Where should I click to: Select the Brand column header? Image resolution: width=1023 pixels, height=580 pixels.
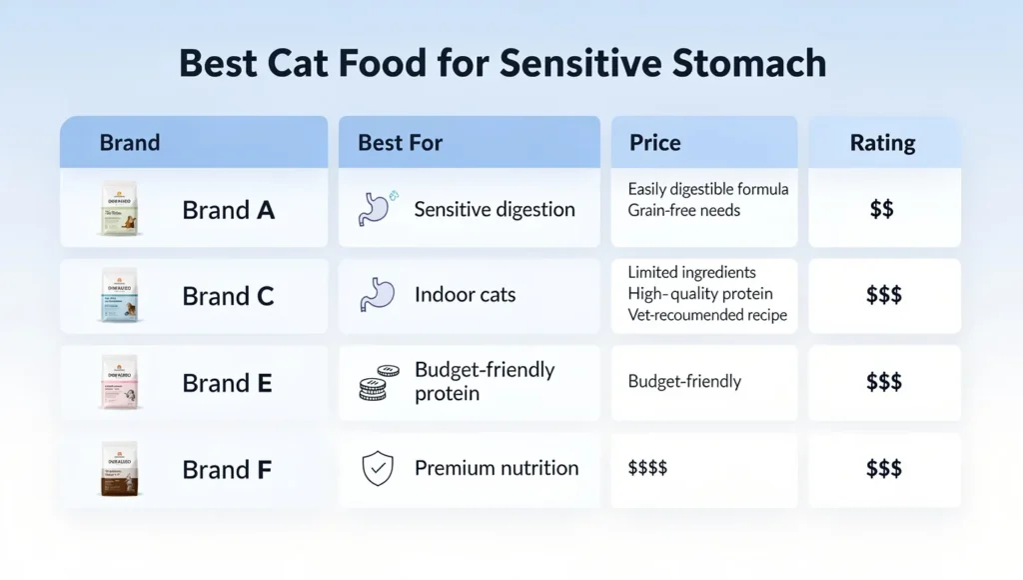[x=130, y=143]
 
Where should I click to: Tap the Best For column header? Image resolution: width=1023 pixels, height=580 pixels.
[x=400, y=143]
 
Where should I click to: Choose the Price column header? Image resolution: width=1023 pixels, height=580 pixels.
[x=655, y=143]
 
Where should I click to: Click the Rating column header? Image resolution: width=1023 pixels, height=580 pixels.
[x=882, y=143]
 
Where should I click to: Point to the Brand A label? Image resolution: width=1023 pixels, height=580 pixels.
[x=229, y=210]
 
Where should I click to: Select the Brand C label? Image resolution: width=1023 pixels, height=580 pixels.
[x=229, y=297]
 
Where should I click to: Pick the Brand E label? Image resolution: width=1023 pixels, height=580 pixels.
[x=228, y=383]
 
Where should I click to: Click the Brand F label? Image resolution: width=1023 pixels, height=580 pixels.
[x=228, y=469]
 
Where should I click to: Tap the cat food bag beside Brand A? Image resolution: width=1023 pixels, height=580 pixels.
[x=120, y=209]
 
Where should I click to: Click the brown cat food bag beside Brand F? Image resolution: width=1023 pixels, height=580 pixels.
[x=120, y=469]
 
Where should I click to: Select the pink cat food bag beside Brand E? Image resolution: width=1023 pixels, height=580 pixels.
[x=120, y=383]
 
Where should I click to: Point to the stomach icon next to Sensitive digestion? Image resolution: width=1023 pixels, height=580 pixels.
[x=376, y=208]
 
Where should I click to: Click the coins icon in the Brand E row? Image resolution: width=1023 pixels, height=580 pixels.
[x=378, y=383]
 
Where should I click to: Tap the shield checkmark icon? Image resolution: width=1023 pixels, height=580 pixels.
[x=378, y=469]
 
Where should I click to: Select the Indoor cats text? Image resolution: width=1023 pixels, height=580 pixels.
[x=466, y=296]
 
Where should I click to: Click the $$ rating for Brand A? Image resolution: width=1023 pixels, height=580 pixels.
[x=882, y=209]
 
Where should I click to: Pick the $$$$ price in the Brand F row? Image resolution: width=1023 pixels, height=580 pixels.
[x=648, y=468]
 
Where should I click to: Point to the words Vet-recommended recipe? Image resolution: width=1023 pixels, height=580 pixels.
[x=707, y=315]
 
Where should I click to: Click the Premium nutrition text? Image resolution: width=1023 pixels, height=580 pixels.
[x=497, y=468]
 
